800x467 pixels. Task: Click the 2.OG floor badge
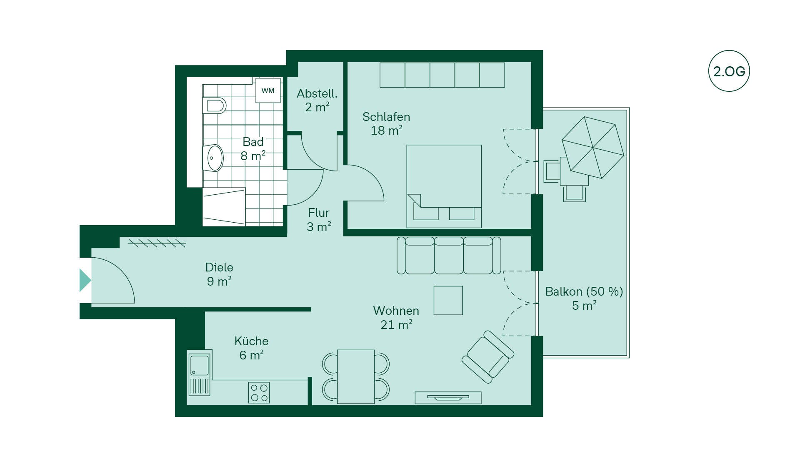pos(729,71)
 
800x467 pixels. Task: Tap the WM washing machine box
pos(268,90)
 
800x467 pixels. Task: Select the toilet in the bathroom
pos(214,105)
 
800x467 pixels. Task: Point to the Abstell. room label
pos(317,93)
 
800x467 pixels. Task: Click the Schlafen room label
pos(386,117)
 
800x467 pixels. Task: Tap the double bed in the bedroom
pos(444,186)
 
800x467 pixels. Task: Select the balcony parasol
pos(593,147)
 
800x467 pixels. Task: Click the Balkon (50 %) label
pos(584,291)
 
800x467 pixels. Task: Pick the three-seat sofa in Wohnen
pos(449,256)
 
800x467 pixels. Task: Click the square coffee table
pos(448,300)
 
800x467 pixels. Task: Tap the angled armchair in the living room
pos(488,357)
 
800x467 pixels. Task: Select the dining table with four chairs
pos(356,377)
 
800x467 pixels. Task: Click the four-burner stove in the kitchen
pos(259,393)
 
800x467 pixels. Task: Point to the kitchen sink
pos(200,372)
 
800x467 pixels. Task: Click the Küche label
pos(251,341)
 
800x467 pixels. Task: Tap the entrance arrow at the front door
pos(85,280)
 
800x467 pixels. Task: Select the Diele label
pos(219,267)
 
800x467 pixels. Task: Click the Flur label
pos(319,213)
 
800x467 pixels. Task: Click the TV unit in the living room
pos(448,398)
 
